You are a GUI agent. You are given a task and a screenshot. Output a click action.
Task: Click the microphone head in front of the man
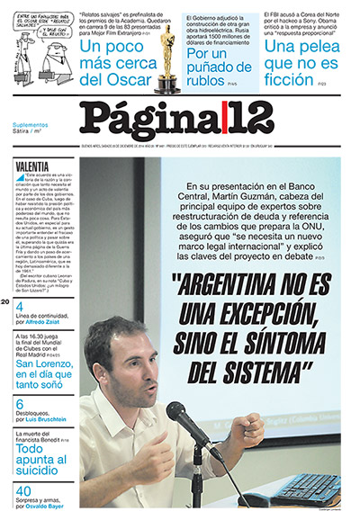click(x=178, y=415)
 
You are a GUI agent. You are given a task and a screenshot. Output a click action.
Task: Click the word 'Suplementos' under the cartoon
click(x=34, y=124)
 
